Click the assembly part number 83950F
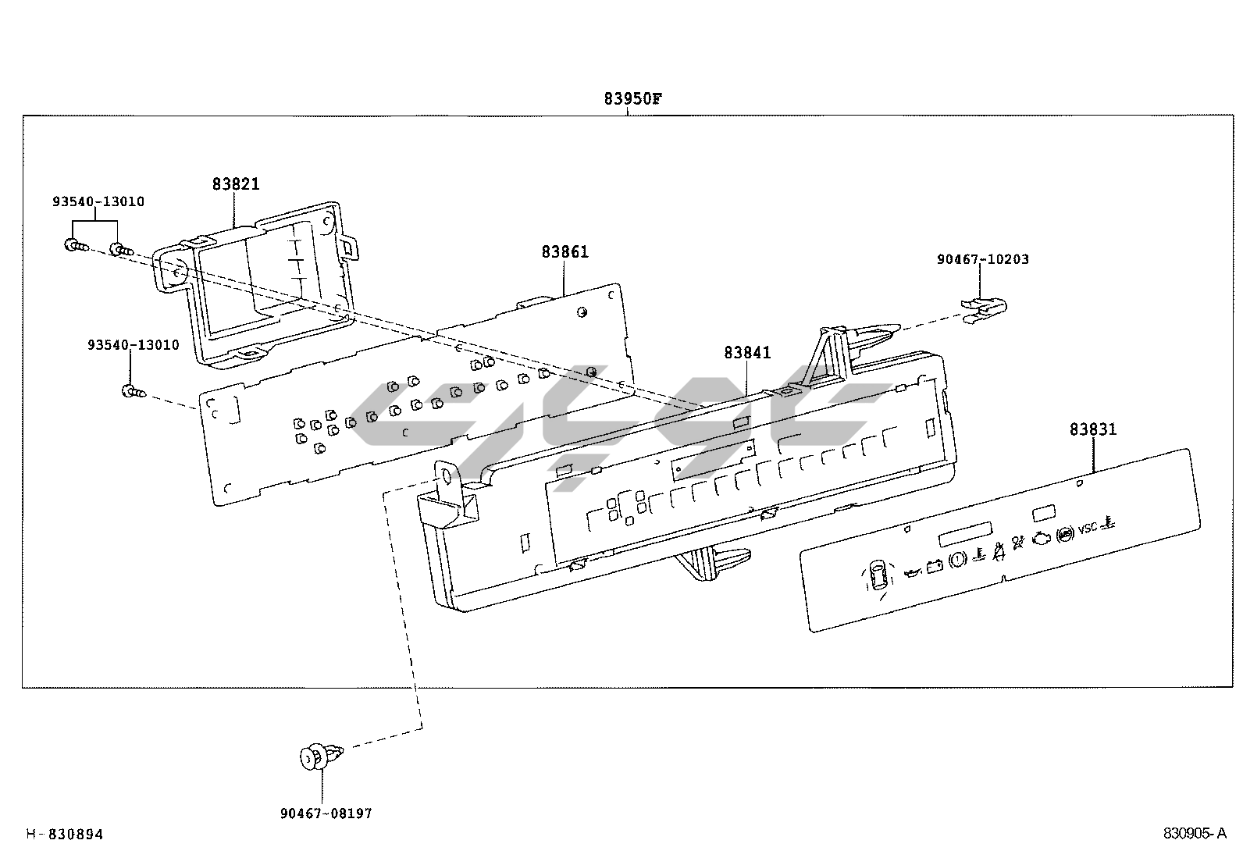click(632, 99)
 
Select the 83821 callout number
click(236, 184)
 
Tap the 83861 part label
click(565, 252)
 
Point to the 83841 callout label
click(747, 352)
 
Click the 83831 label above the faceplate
click(1093, 429)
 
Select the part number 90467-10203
click(983, 259)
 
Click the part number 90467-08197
click(326, 813)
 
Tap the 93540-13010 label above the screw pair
click(98, 201)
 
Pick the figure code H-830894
click(64, 835)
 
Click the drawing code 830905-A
click(1195, 834)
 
